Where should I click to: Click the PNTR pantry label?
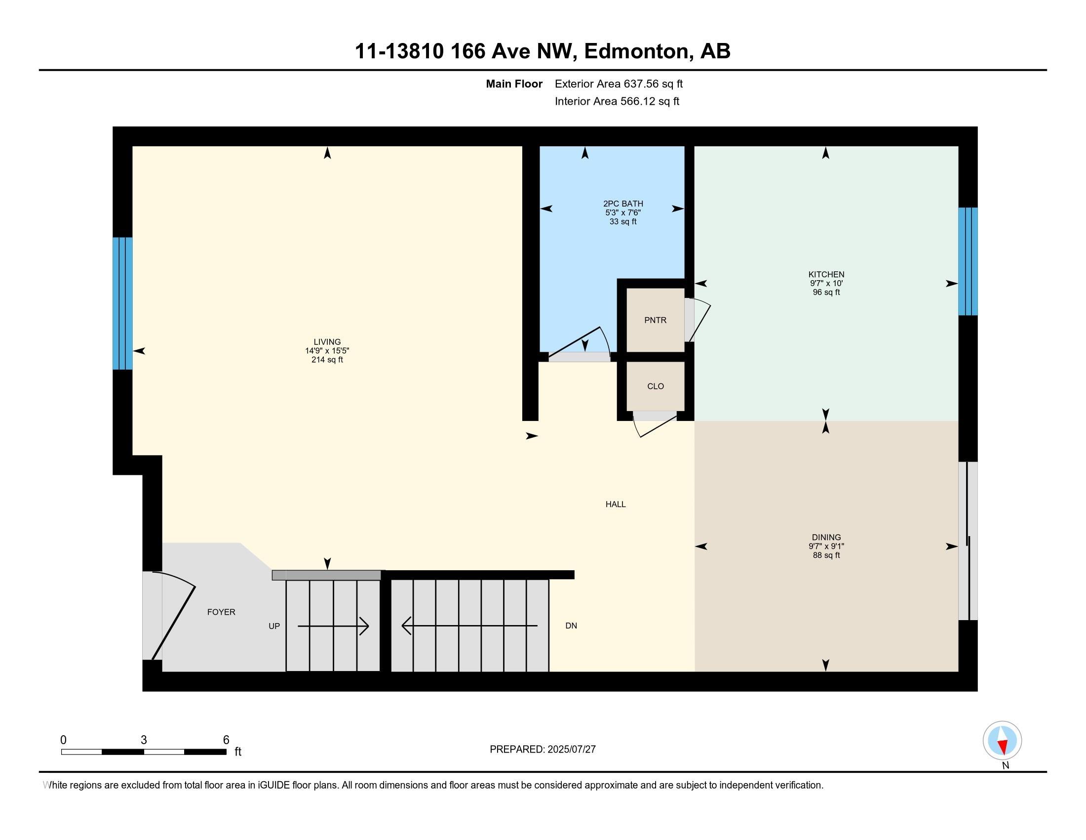pos(655,321)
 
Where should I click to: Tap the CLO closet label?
pos(656,386)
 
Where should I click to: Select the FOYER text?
pos(221,612)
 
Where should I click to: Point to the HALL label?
pos(616,504)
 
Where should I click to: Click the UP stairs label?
pos(274,626)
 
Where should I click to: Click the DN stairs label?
pos(571,626)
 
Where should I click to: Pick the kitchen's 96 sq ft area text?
pos(826,292)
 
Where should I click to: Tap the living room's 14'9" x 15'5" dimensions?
pos(327,351)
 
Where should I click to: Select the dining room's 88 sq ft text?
pos(826,555)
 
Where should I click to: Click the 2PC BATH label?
pos(623,204)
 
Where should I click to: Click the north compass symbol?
pos(1002,741)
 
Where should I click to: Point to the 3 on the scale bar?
pos(144,740)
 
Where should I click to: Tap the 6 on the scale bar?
pos(226,740)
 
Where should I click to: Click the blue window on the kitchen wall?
pos(968,261)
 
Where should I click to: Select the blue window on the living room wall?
pos(122,303)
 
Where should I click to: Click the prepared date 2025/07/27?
pos(571,750)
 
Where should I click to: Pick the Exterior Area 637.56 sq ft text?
pos(619,84)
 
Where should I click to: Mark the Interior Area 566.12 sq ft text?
pos(617,101)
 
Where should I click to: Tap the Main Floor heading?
pos(514,84)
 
